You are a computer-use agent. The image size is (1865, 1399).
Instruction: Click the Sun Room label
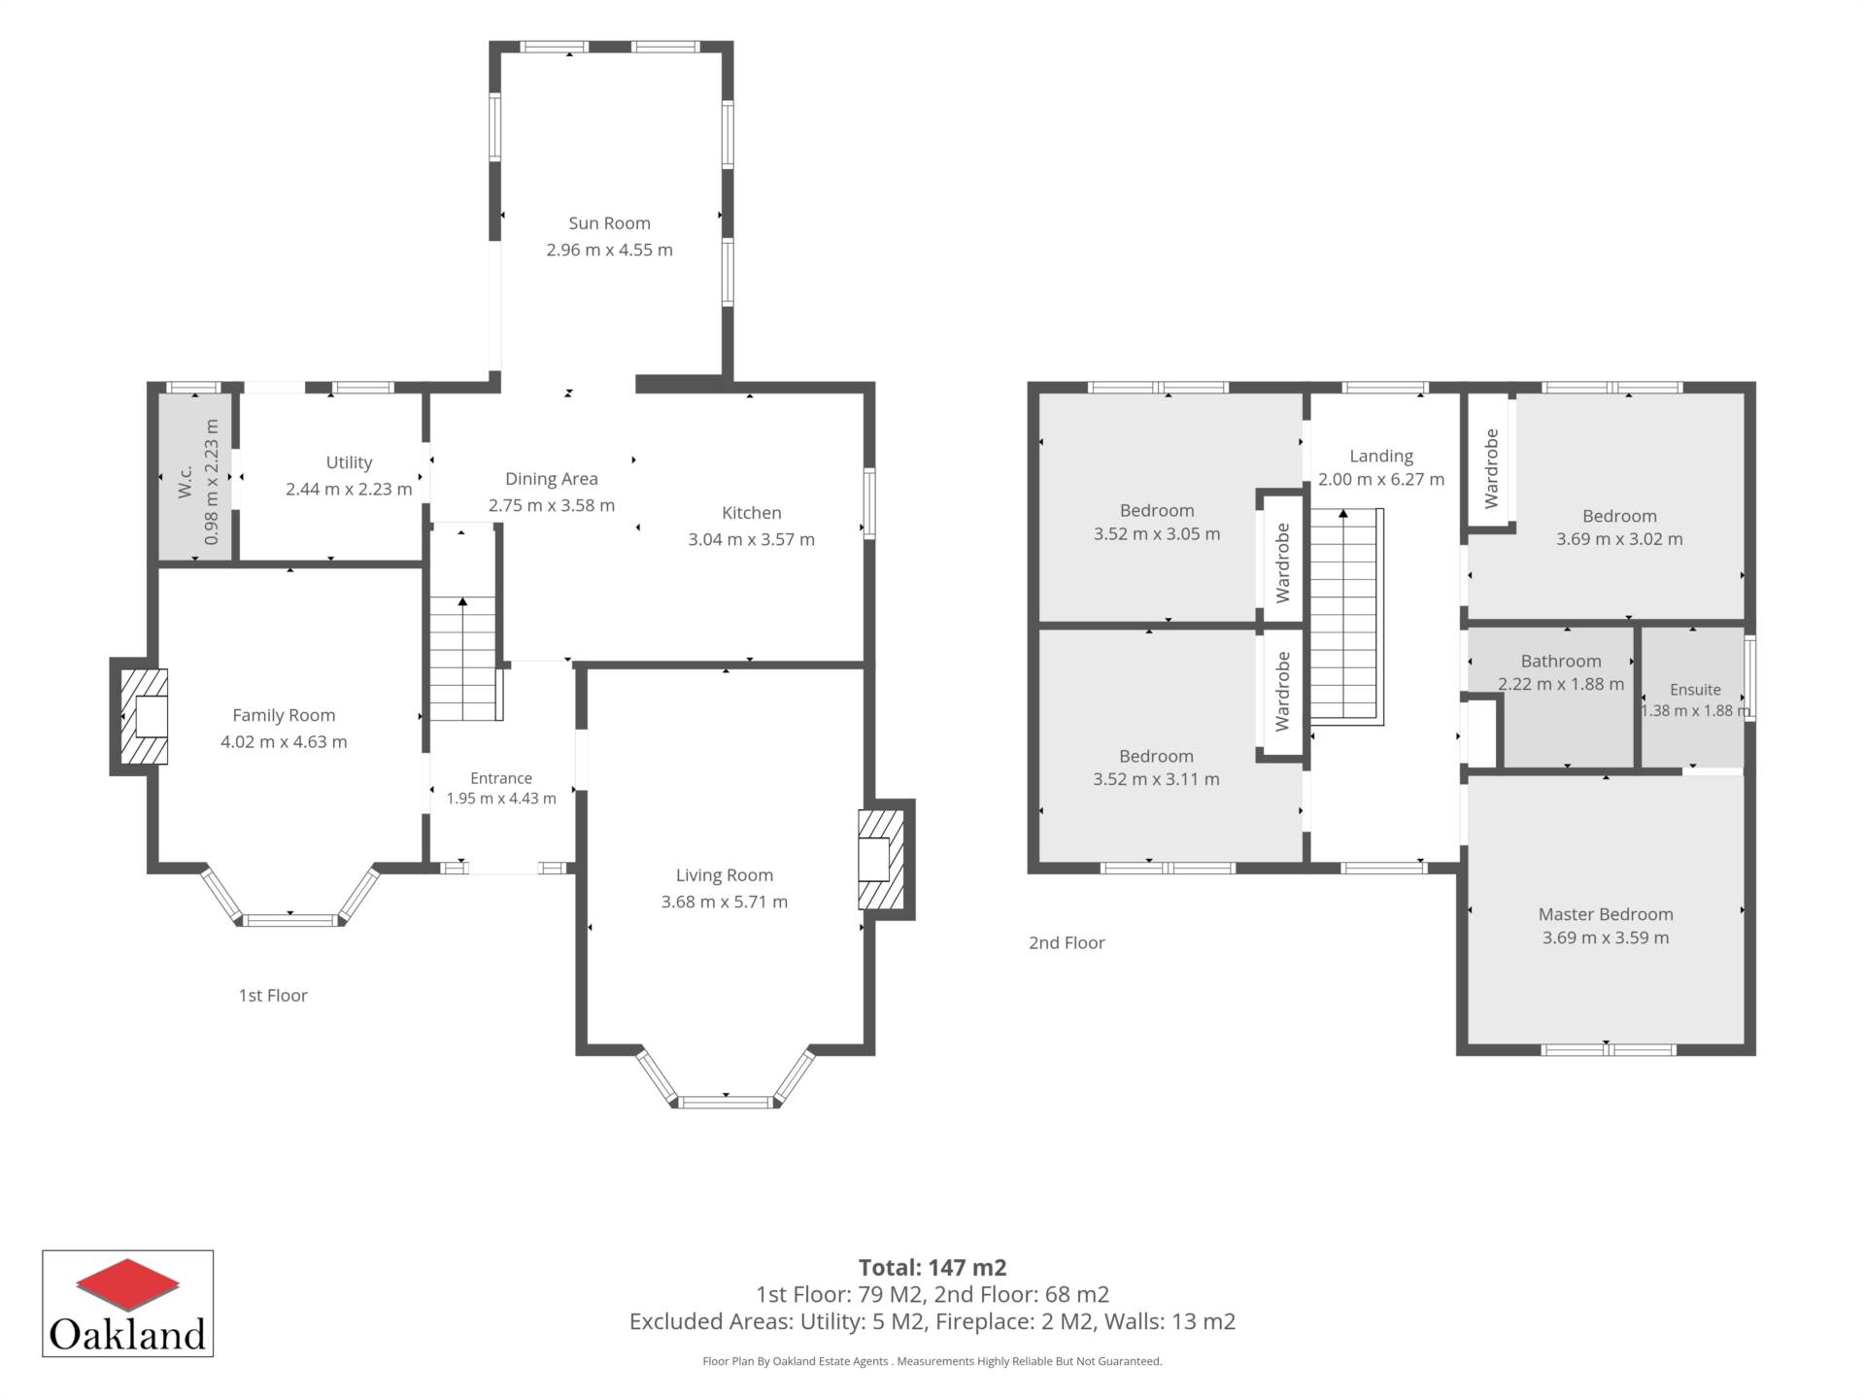tap(609, 223)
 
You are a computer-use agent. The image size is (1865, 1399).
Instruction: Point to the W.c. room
tap(195, 476)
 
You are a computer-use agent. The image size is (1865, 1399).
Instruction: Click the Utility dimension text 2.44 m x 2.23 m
tap(349, 489)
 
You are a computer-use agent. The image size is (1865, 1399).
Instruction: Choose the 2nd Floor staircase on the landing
tap(1345, 617)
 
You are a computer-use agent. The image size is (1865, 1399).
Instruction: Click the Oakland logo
tap(127, 1304)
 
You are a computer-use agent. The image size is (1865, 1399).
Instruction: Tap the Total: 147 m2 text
tap(932, 1268)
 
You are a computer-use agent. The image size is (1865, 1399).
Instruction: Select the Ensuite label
tap(1695, 690)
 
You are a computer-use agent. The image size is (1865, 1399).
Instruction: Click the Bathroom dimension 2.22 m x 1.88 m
tap(1561, 684)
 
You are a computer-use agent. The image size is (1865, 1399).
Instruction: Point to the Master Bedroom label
tap(1606, 914)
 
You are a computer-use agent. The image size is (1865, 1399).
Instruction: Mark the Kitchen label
tap(751, 513)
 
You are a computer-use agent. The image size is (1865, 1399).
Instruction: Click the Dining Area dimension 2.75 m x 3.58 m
tap(552, 505)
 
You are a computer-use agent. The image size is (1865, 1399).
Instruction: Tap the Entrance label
tap(501, 778)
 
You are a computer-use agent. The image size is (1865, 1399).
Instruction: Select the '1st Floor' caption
tap(273, 996)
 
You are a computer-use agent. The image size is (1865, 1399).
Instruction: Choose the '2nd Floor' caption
tap(1067, 942)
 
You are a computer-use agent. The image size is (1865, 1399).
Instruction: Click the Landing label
tap(1381, 456)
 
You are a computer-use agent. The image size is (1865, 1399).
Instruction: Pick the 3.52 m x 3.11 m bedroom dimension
tap(1156, 779)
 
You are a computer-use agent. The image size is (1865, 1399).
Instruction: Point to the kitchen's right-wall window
tap(870, 503)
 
